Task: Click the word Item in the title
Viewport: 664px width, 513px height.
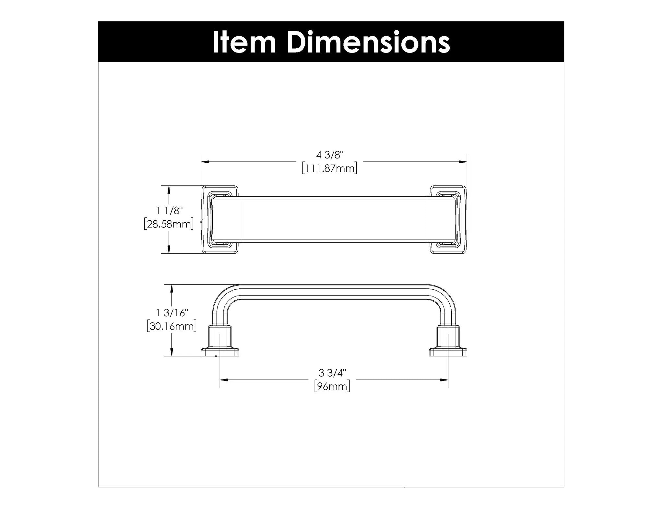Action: pos(244,42)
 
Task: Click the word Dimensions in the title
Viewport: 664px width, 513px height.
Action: pos(369,42)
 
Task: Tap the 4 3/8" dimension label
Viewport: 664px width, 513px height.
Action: pos(329,155)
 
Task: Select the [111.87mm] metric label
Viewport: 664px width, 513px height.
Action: pos(329,169)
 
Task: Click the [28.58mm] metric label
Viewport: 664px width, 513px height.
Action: pos(169,224)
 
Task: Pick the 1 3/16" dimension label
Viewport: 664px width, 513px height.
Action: pos(172,313)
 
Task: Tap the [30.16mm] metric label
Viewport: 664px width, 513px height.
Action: pos(172,326)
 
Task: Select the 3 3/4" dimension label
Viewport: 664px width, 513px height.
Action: pos(332,373)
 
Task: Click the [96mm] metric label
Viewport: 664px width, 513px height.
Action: pos(332,386)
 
